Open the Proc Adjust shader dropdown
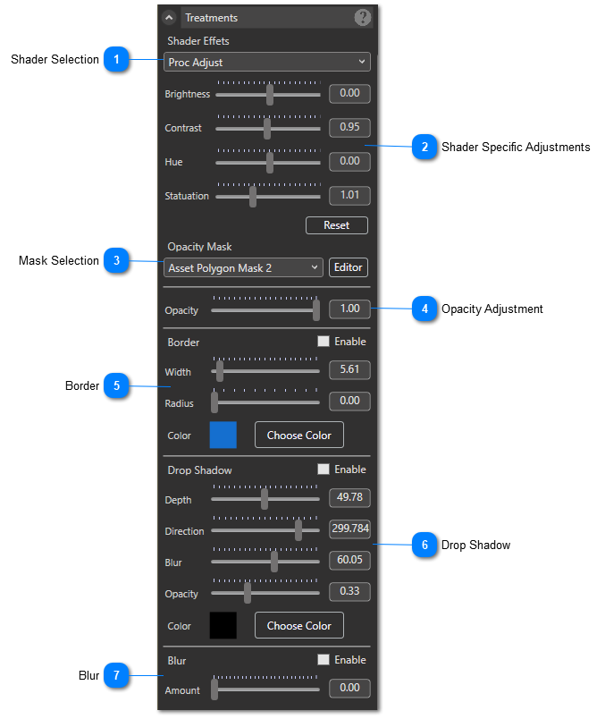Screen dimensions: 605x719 (266, 62)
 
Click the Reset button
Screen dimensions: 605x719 (336, 225)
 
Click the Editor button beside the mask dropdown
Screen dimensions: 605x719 (349, 267)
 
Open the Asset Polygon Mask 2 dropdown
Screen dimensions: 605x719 (243, 267)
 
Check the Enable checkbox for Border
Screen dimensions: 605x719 (324, 341)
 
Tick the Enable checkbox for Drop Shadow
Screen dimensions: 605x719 (324, 469)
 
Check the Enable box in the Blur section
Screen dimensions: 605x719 (324, 659)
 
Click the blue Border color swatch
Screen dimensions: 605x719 (223, 435)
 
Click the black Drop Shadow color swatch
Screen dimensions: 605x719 (223, 625)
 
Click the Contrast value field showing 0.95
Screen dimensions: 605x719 (349, 127)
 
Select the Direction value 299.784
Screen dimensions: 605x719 (349, 529)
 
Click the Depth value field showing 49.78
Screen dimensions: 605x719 (349, 497)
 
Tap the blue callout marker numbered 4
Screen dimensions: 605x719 (424, 309)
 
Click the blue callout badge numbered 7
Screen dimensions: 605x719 (116, 675)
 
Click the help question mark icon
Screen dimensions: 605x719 (363, 17)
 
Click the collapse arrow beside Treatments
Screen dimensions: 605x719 (169, 17)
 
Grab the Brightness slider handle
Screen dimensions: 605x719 (270, 95)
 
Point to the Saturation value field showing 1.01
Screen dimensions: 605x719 (349, 195)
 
